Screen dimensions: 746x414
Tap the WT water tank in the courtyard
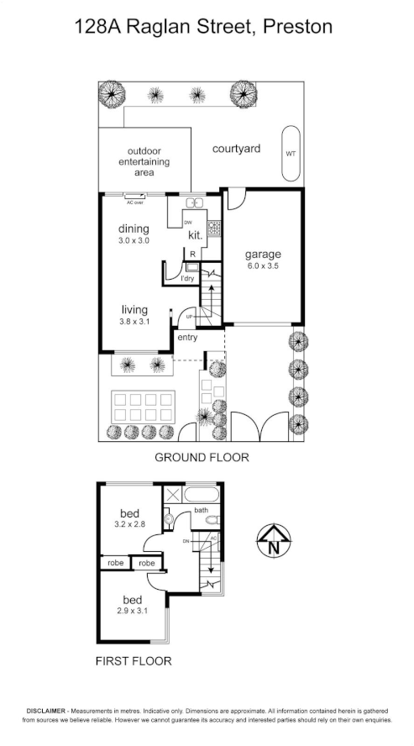[x=291, y=154]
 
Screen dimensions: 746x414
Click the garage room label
[x=263, y=254]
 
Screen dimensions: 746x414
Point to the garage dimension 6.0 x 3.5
[x=263, y=265]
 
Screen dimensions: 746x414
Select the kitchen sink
[x=195, y=203]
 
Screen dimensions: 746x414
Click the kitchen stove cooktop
[x=214, y=227]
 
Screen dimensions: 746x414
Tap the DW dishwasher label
[x=176, y=222]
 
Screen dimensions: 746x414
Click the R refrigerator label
[x=192, y=253]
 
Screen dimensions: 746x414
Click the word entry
[x=186, y=338]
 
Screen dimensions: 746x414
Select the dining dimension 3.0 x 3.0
[x=134, y=241]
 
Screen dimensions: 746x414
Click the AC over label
[x=134, y=202]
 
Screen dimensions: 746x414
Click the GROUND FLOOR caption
[x=202, y=458]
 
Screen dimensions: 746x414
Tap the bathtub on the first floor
[x=201, y=494]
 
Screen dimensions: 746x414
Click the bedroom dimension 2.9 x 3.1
[x=133, y=611]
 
